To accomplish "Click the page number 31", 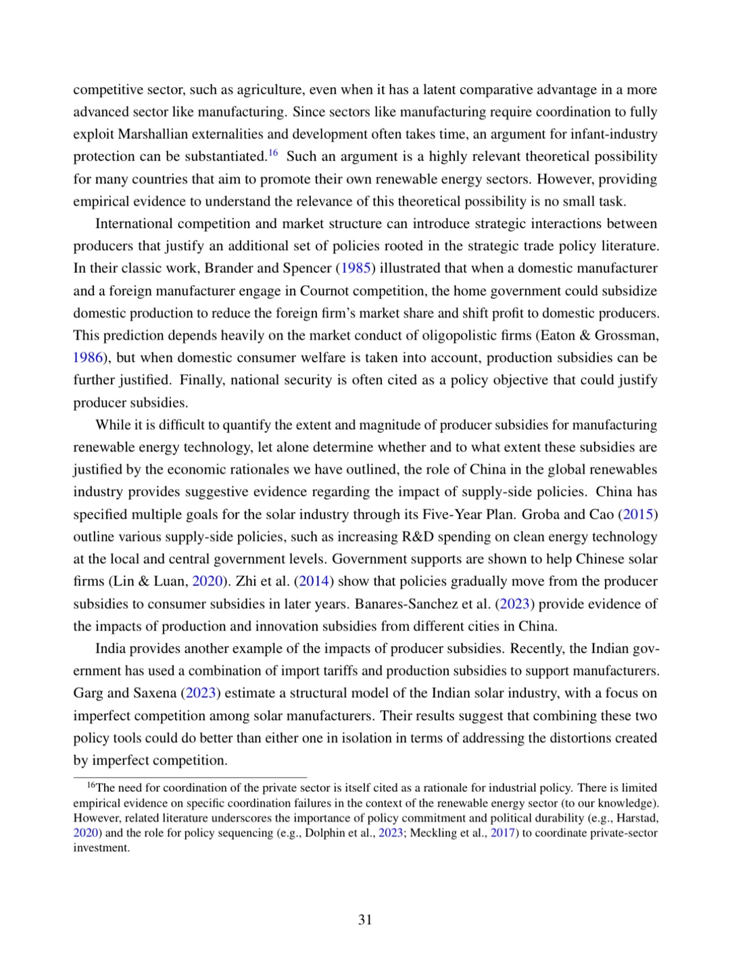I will pos(365,920).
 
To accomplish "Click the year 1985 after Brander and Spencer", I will pos(356,268).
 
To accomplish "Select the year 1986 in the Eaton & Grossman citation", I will pos(88,357).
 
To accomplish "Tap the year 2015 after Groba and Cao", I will pos(638,514).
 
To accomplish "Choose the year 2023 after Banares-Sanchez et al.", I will pos(515,603).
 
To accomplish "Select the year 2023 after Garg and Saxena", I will pos(200,693).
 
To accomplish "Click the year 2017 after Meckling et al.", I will pos(503,832).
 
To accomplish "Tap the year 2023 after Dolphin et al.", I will pos(390,832).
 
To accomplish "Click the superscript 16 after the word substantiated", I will pos(273,153).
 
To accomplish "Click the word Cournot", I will pos(324,291).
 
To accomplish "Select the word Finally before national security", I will pos(202,380).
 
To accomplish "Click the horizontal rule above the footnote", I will pos(190,778).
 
